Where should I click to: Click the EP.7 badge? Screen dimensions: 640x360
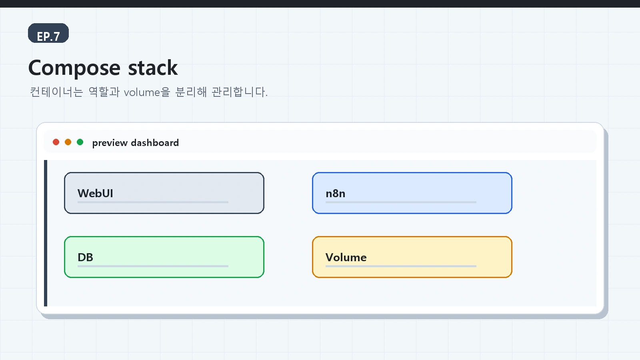pyautogui.click(x=48, y=33)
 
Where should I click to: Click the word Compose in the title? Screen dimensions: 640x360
pyautogui.click(x=74, y=68)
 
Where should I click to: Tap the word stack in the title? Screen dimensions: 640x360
pyautogui.click(x=153, y=68)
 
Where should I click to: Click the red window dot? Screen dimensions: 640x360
pyautogui.click(x=56, y=142)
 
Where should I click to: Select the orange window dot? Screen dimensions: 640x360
pyautogui.click(x=68, y=142)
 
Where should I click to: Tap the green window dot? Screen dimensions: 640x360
pyautogui.click(x=80, y=142)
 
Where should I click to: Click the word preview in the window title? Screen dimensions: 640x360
pyautogui.click(x=110, y=143)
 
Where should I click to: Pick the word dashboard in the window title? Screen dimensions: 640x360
pyautogui.click(x=155, y=142)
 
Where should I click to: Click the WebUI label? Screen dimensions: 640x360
pyautogui.click(x=96, y=194)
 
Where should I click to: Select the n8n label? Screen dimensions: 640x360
pyautogui.click(x=336, y=194)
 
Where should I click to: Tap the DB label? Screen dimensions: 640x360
pyautogui.click(x=86, y=258)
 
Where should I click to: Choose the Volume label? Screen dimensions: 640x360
pyautogui.click(x=346, y=258)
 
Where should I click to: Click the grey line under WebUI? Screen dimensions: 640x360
pyautogui.click(x=153, y=202)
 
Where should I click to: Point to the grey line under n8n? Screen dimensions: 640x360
pyautogui.click(x=401, y=202)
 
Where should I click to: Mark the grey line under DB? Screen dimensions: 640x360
pyautogui.click(x=153, y=266)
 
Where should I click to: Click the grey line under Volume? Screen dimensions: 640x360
pyautogui.click(x=401, y=266)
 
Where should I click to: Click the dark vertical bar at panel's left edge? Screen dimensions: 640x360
pyautogui.click(x=46, y=233)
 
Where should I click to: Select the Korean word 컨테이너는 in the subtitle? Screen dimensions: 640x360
pyautogui.click(x=56, y=92)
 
